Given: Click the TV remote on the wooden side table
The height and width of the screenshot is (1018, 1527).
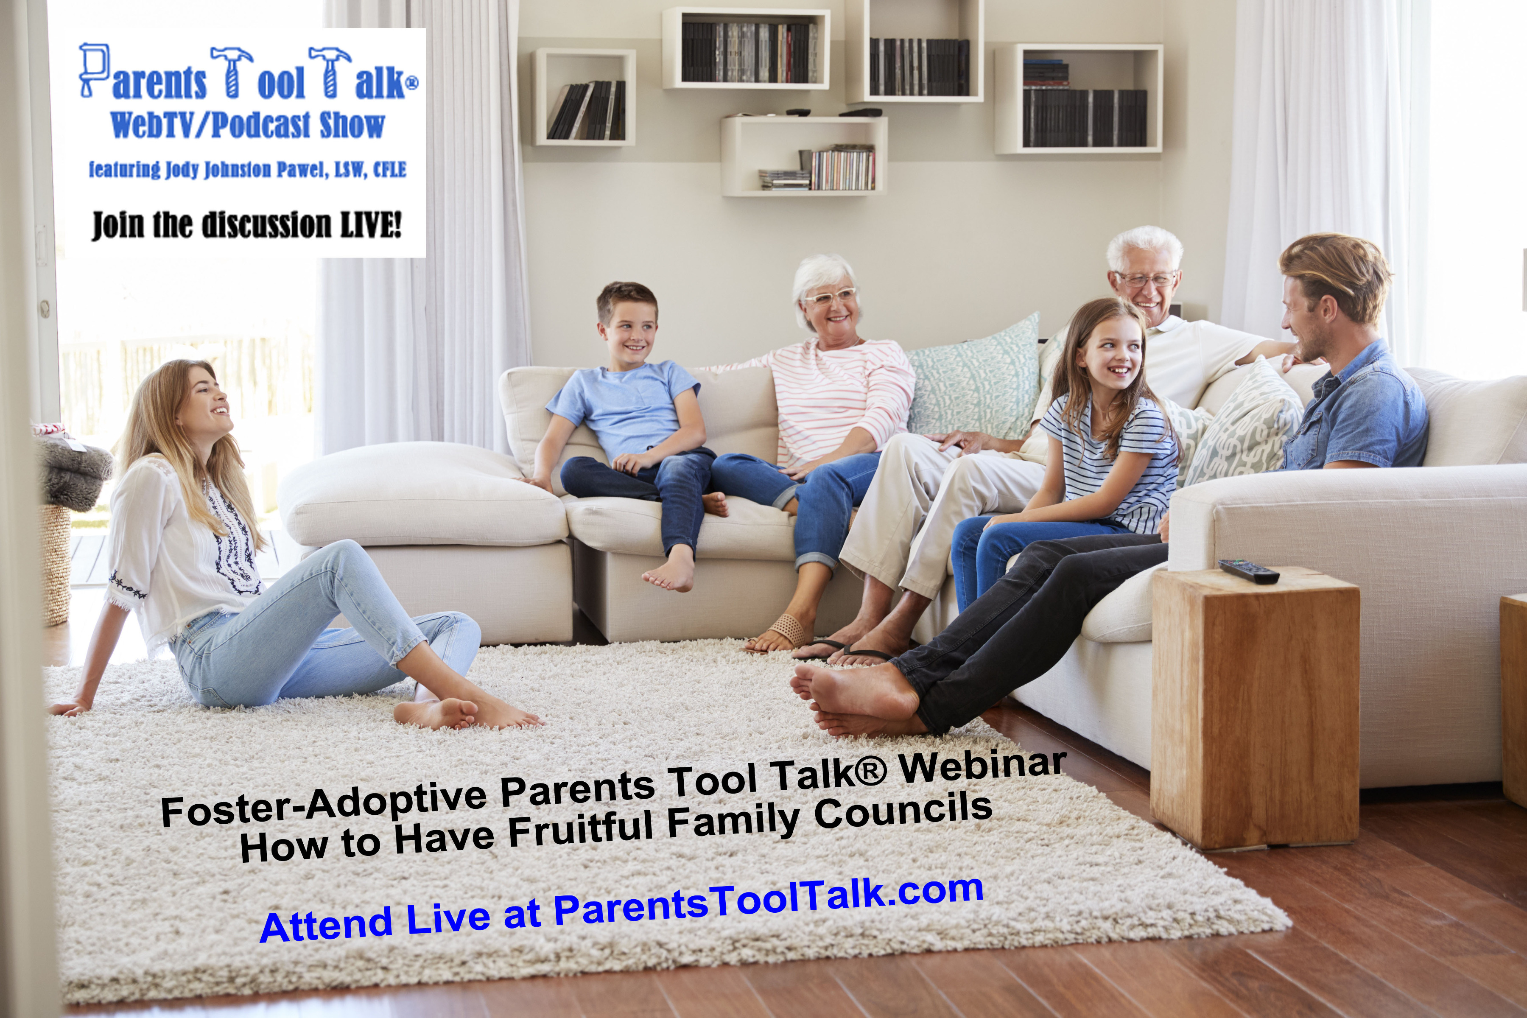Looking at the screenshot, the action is tap(1248, 571).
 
